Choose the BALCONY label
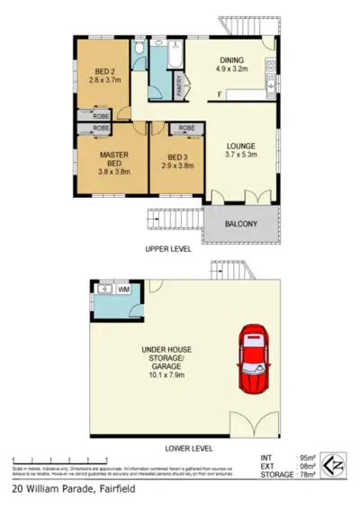[240, 224]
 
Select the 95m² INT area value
[305, 459]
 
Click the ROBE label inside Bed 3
[186, 129]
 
